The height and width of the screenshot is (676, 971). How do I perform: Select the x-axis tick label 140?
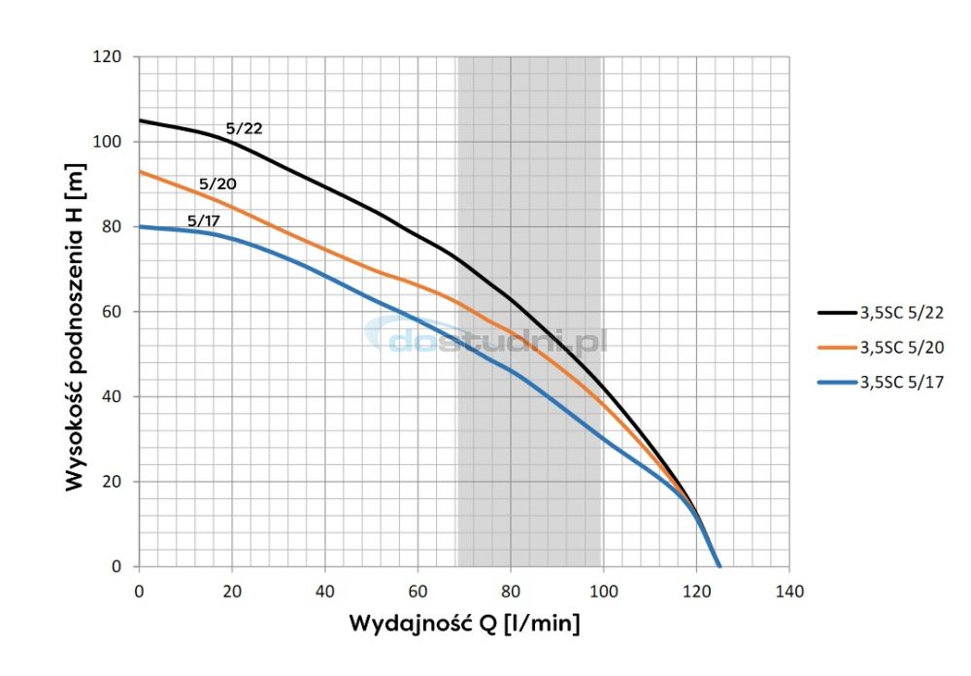click(x=789, y=590)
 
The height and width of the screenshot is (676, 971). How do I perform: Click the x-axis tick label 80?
click(x=511, y=590)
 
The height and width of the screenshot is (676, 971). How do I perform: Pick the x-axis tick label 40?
click(x=324, y=590)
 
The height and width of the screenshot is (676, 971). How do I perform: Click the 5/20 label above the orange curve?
click(x=218, y=184)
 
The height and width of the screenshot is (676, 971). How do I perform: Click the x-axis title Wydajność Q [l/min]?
click(x=464, y=623)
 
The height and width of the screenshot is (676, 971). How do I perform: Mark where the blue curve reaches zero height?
click(x=720, y=566)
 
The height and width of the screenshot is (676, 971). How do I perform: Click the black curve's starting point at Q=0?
click(x=140, y=120)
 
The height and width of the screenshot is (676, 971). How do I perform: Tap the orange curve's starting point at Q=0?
click(x=140, y=171)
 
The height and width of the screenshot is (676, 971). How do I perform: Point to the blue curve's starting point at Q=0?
click(x=140, y=226)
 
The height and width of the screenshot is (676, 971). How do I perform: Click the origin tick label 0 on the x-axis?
click(x=139, y=590)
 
